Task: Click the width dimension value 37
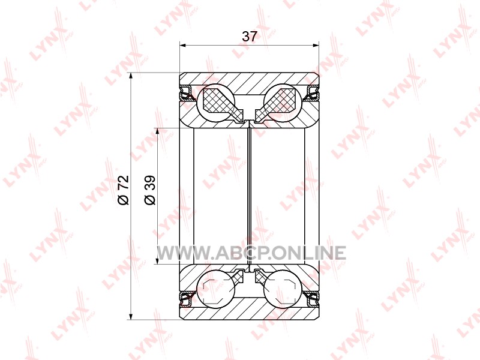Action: tap(249, 37)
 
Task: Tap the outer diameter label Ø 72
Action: tap(124, 190)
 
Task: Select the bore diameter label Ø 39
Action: tap(150, 190)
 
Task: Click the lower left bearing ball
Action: tap(216, 289)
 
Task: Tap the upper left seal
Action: tap(187, 93)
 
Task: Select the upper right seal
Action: tap(312, 93)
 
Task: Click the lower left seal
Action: tap(187, 299)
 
